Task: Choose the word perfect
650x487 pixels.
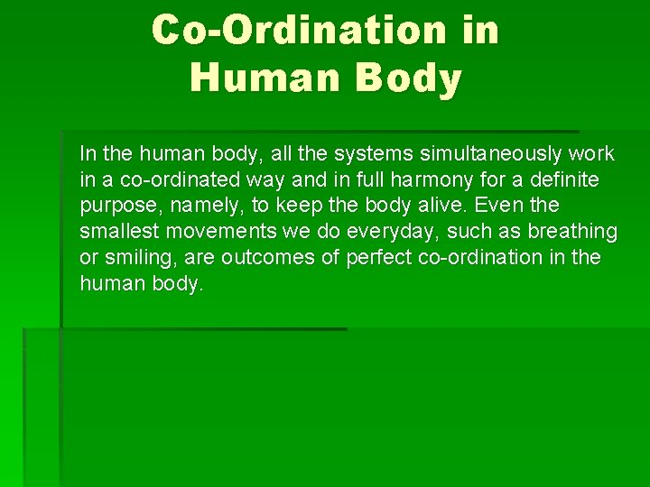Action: click(365, 258)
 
